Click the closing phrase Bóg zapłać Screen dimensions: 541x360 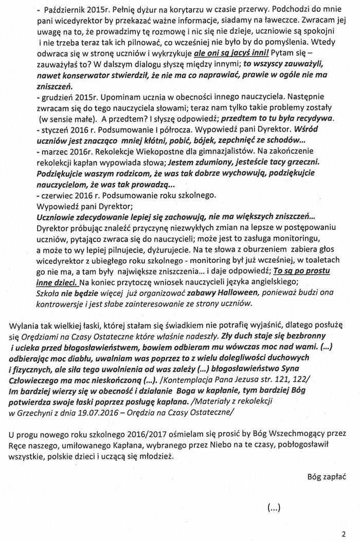tap(327, 477)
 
